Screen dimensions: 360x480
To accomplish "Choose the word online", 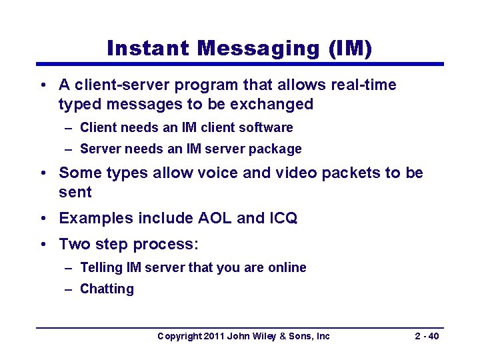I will pos(287,267).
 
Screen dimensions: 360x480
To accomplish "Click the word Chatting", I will pos(107,289).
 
